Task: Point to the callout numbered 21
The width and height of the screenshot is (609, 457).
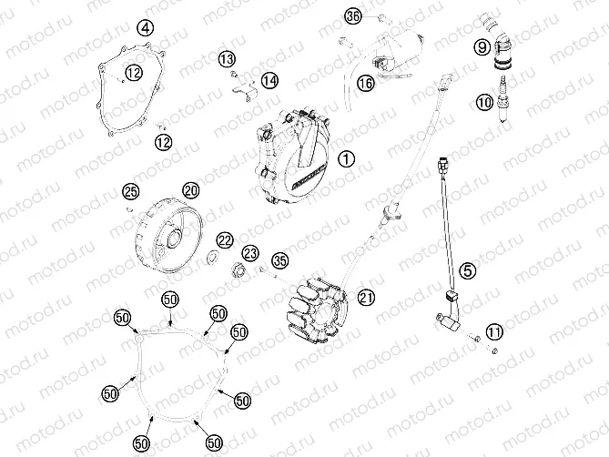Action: [x=366, y=298]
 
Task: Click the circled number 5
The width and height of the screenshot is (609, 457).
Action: [x=466, y=269]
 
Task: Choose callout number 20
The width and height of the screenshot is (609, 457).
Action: [x=189, y=190]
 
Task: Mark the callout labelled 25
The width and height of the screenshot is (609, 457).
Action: [x=131, y=190]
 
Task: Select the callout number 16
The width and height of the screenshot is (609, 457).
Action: [x=365, y=83]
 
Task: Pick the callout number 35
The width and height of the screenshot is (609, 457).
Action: [x=279, y=259]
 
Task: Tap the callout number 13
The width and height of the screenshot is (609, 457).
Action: [x=227, y=59]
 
